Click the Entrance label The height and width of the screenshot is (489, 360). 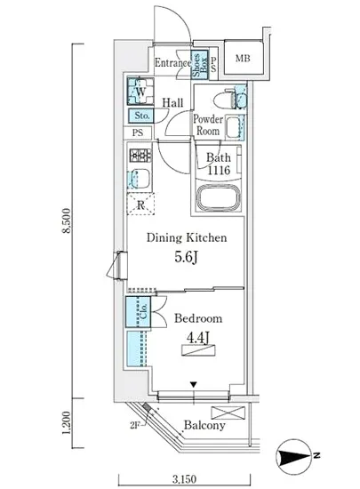point(173,63)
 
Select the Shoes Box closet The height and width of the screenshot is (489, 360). point(199,65)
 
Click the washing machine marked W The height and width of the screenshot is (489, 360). point(140,91)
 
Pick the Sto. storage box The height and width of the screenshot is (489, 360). point(140,116)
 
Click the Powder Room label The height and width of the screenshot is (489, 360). point(208,124)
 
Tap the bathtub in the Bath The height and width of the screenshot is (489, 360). point(219,197)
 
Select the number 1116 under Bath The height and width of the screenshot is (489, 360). point(219,170)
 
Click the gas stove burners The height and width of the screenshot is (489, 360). point(140,156)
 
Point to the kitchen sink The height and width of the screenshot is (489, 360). point(139,179)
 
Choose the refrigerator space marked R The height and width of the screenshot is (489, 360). point(140,204)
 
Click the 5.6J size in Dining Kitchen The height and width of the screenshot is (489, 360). point(186,257)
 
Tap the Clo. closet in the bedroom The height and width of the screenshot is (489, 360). point(138,311)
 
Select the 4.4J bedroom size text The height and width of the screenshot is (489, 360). point(197,338)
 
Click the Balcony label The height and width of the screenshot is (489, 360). point(204,425)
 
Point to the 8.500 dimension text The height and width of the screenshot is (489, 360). point(67,220)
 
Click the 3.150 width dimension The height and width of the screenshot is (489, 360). point(185,478)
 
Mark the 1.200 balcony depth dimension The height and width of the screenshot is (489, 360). point(67,423)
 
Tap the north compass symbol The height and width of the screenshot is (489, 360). point(294,456)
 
